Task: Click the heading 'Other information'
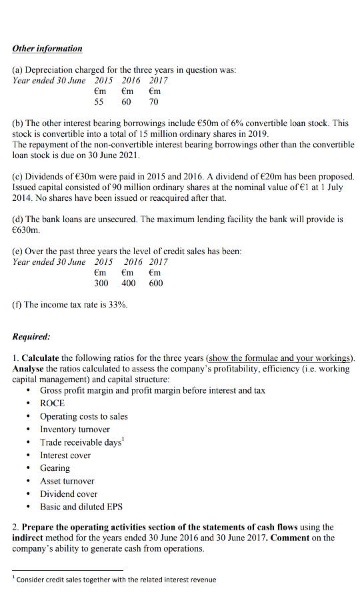tap(48, 49)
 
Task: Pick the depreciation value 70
tap(154, 103)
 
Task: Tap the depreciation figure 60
tap(127, 103)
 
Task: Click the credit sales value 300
tap(100, 283)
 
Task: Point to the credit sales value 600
tap(155, 283)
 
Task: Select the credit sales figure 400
tap(127, 283)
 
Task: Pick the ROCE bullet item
tap(53, 403)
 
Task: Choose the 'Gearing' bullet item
tap(55, 468)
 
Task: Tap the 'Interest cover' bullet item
tap(65, 455)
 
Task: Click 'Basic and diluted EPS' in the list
tap(81, 507)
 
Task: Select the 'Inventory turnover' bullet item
tap(75, 429)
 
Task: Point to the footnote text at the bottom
tap(116, 580)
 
